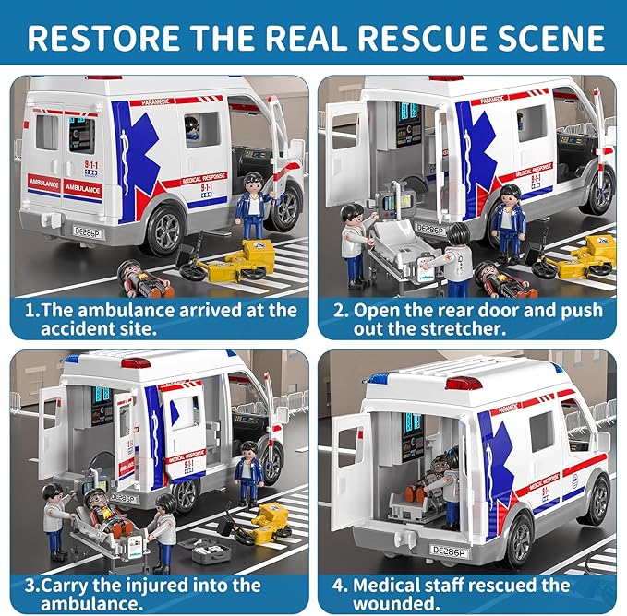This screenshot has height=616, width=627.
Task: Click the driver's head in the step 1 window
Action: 192,128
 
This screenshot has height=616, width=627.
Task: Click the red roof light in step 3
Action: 136,362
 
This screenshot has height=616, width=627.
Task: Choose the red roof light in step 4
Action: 464,382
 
